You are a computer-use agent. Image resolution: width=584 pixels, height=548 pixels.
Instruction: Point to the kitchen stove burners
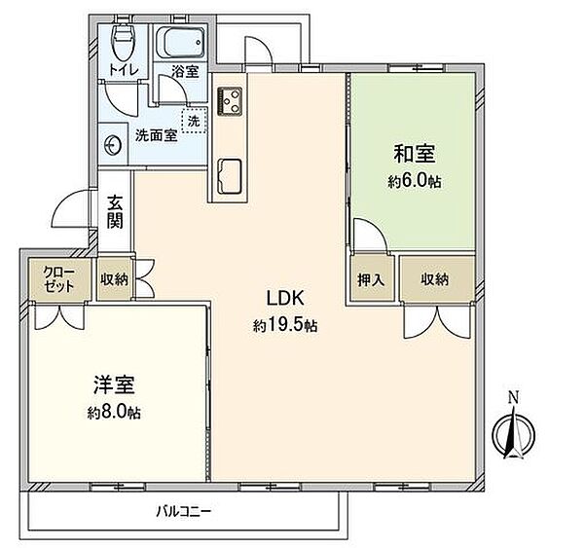(x=233, y=97)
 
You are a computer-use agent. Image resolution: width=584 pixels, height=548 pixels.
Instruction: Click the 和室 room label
(x=414, y=154)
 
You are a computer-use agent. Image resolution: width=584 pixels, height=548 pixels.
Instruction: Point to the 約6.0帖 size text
(x=414, y=181)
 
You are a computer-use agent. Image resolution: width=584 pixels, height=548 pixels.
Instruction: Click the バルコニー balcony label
(x=184, y=510)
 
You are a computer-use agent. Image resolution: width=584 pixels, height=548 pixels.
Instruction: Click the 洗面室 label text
(x=156, y=136)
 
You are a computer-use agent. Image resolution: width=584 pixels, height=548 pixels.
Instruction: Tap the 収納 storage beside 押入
(x=435, y=280)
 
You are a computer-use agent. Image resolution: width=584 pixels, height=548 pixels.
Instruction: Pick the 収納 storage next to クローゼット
(x=114, y=279)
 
